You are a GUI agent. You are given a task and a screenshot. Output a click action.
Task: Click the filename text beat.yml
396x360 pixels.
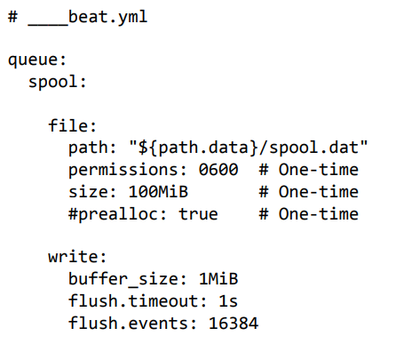pos(108,17)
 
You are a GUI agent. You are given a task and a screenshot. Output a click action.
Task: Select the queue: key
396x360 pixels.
pos(37,60)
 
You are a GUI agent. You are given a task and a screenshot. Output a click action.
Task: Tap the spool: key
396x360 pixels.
pos(58,83)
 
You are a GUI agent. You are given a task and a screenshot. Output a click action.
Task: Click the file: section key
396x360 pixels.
pos(73,125)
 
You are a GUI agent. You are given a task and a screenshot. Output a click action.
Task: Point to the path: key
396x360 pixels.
pos(92,148)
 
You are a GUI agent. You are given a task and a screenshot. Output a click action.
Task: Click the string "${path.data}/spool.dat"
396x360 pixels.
pos(249,148)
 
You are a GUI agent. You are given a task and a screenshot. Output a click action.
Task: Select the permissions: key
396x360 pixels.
pos(128,170)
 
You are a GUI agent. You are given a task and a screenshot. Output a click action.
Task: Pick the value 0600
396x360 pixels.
pos(218,170)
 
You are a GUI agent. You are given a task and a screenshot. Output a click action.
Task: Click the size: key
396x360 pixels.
pos(92,192)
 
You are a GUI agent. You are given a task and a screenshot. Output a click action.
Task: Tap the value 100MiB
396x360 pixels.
pos(158,192)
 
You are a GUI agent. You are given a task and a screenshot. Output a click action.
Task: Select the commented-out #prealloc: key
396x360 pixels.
pos(117,214)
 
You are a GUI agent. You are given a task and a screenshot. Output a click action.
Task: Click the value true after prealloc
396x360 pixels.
pos(198,214)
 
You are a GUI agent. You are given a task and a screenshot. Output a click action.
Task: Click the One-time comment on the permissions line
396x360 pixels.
pos(319,170)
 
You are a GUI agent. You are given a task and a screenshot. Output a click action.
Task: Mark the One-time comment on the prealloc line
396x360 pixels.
pos(319,214)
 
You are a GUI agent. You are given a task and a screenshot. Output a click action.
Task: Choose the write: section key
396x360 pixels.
pos(77,257)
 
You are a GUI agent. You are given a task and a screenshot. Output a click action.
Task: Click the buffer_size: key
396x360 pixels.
pos(128,279)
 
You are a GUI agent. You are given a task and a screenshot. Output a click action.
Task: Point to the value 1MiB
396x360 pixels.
pos(218,279)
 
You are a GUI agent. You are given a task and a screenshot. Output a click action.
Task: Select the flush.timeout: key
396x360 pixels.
pos(138,301)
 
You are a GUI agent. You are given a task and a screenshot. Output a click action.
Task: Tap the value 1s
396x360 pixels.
pos(228,301)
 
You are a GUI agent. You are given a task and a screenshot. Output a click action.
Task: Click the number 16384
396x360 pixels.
pos(234,323)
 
